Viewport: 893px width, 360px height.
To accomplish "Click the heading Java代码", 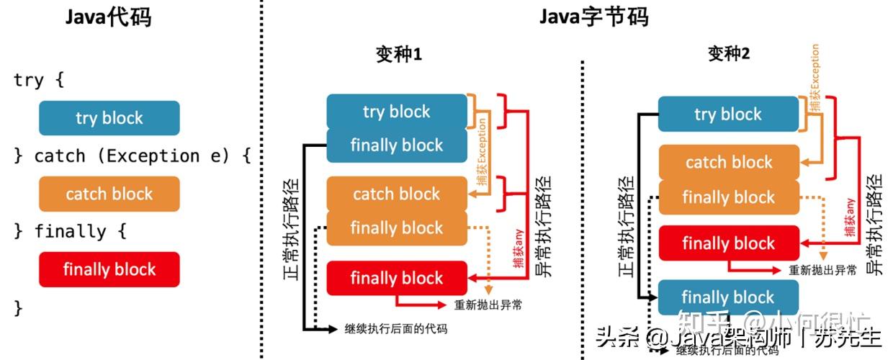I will [108, 18].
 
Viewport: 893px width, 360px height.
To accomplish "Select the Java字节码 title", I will [593, 17].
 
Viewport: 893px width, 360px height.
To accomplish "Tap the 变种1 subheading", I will [398, 55].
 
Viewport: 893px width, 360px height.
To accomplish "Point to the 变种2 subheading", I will [728, 55].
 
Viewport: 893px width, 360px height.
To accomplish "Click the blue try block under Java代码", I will [109, 118].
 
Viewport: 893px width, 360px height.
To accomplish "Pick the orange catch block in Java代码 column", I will [109, 194].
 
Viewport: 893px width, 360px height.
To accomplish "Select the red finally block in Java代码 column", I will [109, 269].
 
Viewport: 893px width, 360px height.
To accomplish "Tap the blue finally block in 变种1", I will [397, 145].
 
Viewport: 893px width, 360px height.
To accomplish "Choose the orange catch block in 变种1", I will [397, 194].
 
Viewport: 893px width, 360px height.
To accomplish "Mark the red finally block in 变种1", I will [397, 278].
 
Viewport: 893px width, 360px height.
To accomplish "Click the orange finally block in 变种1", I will [397, 228].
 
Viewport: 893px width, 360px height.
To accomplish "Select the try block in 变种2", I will [728, 114].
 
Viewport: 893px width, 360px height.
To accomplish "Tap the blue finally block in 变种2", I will [728, 297].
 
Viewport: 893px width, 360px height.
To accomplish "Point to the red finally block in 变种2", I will [728, 243].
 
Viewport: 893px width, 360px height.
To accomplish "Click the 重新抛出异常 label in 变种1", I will [488, 305].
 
